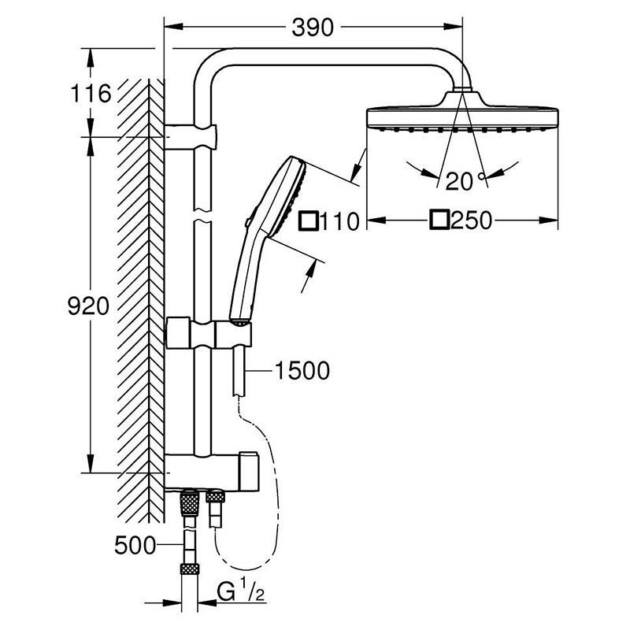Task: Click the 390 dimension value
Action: [x=313, y=28]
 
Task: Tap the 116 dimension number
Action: [x=91, y=93]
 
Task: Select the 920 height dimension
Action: [x=88, y=306]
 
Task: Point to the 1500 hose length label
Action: [x=302, y=370]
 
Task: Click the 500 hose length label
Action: [x=135, y=545]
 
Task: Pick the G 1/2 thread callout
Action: [x=241, y=592]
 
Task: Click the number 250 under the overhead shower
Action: [x=471, y=220]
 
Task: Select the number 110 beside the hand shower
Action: [x=340, y=221]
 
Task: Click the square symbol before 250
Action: [x=439, y=220]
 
